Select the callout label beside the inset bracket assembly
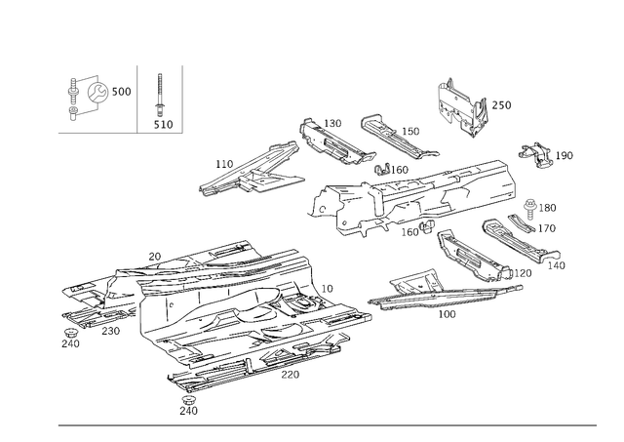tap(124, 92)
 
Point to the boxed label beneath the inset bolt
tap(163, 124)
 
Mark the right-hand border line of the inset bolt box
tap(183, 98)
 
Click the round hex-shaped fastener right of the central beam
tap(530, 206)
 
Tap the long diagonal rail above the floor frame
tap(249, 168)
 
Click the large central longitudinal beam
tap(429, 195)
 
